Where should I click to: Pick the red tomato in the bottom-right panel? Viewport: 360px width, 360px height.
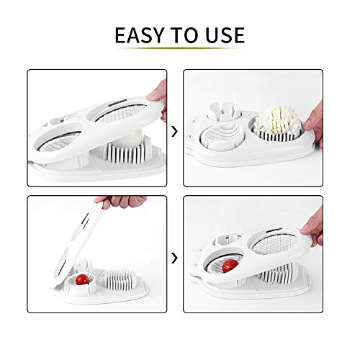pos(230,266)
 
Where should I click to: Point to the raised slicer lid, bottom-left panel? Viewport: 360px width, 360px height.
pos(65,238)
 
